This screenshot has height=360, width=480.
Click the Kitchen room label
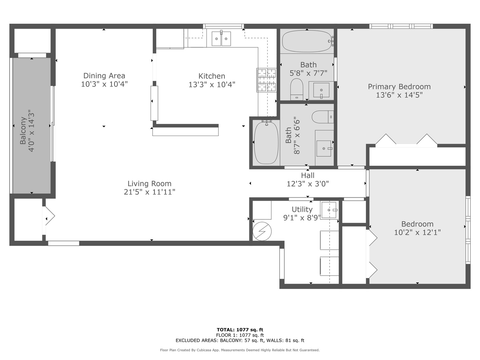[212, 76]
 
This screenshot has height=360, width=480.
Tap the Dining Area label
[104, 76]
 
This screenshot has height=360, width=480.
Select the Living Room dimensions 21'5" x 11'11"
[150, 192]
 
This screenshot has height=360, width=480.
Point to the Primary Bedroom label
[399, 87]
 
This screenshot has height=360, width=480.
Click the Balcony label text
[23, 131]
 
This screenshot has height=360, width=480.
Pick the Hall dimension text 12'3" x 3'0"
[308, 184]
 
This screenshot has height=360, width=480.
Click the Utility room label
[302, 209]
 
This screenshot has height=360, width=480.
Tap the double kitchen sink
[221, 39]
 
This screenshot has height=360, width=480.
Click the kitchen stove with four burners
[266, 80]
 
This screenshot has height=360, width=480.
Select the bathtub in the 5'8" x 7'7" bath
[307, 41]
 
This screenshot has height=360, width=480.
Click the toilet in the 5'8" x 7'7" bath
[297, 89]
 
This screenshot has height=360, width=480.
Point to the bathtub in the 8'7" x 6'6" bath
[266, 143]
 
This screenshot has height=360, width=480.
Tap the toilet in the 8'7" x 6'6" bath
[323, 117]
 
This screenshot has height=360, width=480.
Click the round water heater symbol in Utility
[262, 231]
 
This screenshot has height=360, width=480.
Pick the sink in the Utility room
[329, 210]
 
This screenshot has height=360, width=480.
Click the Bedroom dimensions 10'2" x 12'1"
[417, 232]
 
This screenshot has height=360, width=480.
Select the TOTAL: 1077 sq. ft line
[240, 330]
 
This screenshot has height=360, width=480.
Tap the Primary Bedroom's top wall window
[401, 26]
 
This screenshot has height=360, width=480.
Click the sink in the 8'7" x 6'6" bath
[324, 148]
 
